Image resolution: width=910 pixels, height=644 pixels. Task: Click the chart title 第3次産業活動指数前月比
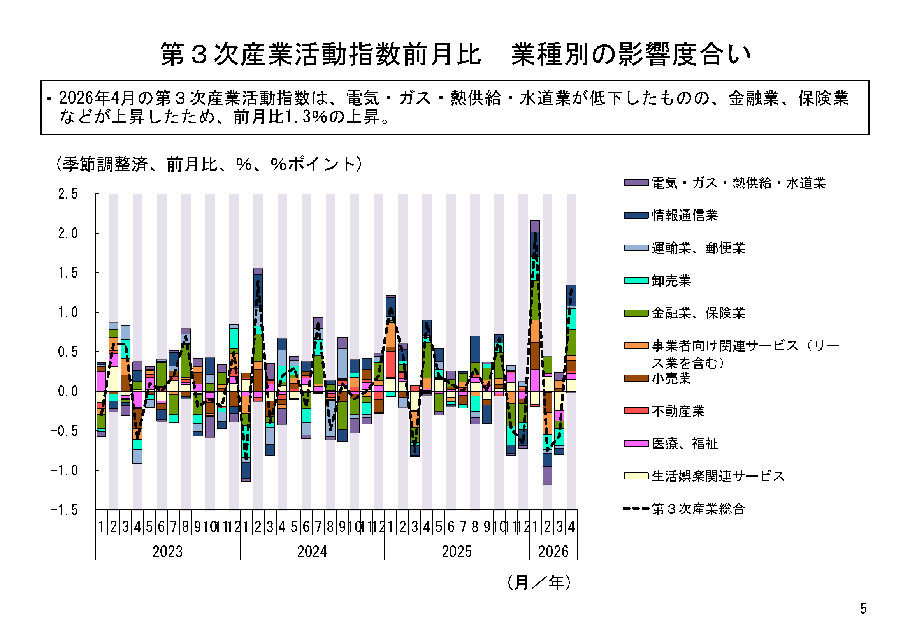tap(321, 54)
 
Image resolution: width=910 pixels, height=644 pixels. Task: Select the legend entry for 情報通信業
tap(671, 215)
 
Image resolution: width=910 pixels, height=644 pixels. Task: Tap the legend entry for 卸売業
tap(657, 281)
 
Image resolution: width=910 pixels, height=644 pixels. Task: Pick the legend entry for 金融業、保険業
tap(685, 313)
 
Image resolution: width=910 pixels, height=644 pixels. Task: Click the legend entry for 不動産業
tap(664, 411)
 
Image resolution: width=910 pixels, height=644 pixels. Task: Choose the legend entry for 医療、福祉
tap(671, 444)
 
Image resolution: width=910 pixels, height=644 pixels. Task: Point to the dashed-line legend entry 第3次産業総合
tap(684, 509)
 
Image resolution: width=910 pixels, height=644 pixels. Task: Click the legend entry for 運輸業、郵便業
tap(685, 248)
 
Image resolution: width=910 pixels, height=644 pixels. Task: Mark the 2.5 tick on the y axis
tap(68, 194)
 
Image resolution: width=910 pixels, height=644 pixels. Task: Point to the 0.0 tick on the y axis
tap(68, 391)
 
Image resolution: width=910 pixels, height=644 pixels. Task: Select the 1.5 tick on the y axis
tap(68, 273)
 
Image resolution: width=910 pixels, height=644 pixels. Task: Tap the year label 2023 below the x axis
tap(168, 552)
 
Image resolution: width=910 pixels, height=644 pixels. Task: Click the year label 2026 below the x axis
tap(553, 552)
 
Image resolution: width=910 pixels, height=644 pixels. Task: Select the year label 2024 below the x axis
tap(312, 552)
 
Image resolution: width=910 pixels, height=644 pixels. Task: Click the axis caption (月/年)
tap(539, 583)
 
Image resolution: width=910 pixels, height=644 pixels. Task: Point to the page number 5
tap(863, 609)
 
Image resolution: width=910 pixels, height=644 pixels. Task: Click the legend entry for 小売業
tap(657, 379)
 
